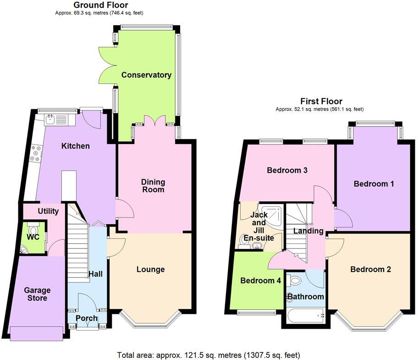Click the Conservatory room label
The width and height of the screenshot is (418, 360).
click(x=146, y=75)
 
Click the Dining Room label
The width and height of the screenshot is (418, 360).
click(x=153, y=186)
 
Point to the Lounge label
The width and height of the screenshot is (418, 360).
click(x=150, y=269)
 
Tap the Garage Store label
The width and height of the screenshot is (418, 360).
click(x=38, y=294)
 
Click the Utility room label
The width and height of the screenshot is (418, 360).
click(x=48, y=211)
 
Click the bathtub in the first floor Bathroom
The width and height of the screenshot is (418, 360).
click(x=304, y=315)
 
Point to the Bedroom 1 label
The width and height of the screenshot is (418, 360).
click(x=374, y=184)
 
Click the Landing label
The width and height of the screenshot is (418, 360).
click(x=308, y=231)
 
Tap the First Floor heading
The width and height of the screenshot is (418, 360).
click(x=321, y=101)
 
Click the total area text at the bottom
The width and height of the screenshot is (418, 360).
click(x=209, y=354)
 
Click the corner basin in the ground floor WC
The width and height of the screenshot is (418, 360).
click(x=24, y=249)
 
